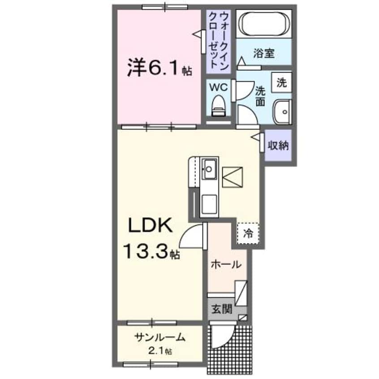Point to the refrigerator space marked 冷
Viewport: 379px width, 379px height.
point(248,233)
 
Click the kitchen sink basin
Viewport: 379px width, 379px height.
point(209,168)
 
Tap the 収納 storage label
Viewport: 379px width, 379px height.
point(278,145)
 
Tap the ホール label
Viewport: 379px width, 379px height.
point(228,264)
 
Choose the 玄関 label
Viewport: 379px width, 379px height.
point(222,309)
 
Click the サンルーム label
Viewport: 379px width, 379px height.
point(159,338)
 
